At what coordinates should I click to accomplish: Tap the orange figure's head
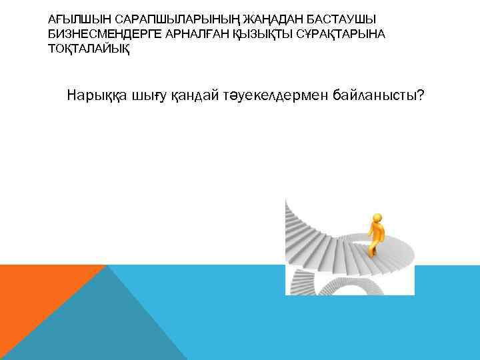pyautogui.click(x=377, y=217)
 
